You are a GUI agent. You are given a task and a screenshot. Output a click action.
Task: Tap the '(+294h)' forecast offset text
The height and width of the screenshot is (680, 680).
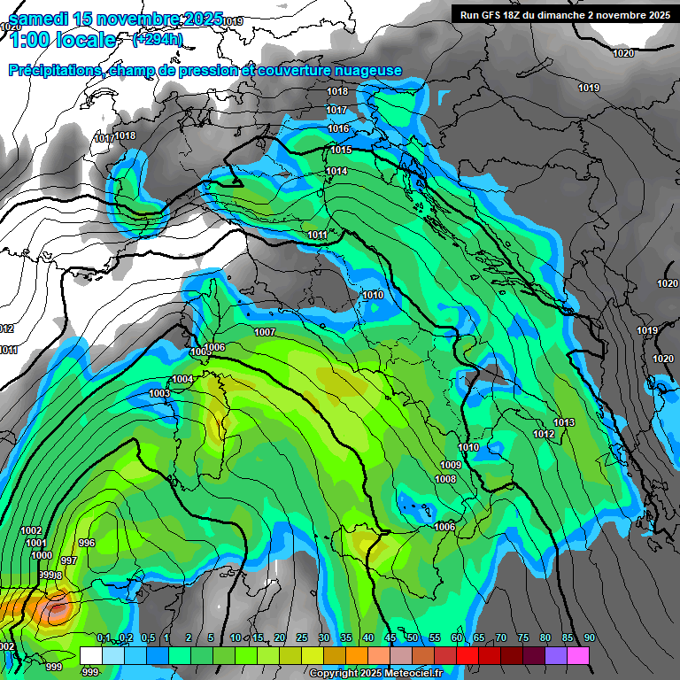point(158,40)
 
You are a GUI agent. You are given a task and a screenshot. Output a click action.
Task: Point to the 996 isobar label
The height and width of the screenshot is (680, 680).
point(87,543)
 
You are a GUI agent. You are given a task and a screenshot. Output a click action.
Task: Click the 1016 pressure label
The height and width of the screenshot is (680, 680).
point(338,129)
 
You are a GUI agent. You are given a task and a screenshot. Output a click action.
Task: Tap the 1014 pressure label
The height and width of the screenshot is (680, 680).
point(336,172)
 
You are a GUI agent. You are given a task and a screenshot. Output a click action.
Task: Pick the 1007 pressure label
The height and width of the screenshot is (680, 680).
point(264,333)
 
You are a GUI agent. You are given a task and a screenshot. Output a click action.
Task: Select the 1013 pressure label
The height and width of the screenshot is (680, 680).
point(564,422)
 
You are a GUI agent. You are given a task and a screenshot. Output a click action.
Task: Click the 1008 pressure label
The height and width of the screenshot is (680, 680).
point(445,480)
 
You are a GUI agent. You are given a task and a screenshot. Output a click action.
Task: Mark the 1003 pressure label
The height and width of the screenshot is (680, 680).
point(159,393)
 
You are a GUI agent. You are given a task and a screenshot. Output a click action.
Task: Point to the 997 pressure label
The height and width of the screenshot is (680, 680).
point(69,561)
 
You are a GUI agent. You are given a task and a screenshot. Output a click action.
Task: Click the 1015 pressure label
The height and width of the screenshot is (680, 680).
point(341,151)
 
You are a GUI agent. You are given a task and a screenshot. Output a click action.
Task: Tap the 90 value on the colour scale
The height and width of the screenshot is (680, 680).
point(590,638)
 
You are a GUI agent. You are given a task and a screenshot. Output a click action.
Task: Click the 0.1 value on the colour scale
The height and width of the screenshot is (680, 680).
point(104,638)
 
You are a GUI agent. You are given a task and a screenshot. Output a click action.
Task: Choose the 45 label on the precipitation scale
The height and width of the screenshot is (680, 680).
point(390,638)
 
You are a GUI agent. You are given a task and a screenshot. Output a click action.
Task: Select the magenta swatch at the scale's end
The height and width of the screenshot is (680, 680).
point(578,654)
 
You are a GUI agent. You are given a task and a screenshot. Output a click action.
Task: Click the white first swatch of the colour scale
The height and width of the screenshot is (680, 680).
point(90,654)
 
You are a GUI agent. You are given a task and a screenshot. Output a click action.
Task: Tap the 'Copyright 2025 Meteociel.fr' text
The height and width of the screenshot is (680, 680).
point(375,673)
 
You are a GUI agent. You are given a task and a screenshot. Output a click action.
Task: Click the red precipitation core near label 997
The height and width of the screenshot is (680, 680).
point(57,608)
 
